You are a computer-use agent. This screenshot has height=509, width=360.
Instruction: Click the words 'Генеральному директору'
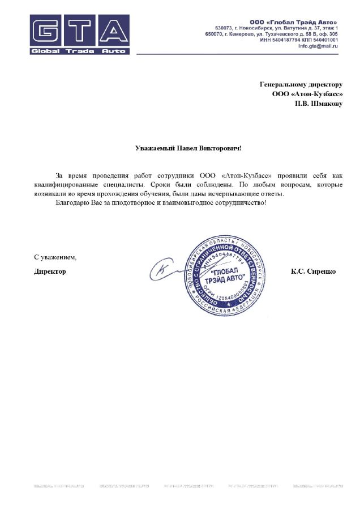tap(301, 84)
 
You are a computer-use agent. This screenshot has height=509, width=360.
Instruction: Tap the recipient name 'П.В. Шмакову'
tap(318, 104)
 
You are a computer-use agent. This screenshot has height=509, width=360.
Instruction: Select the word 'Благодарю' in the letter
tap(72, 202)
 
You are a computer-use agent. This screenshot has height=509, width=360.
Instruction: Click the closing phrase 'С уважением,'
tap(54, 257)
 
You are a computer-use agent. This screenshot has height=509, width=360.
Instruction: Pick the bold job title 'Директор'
tap(50, 271)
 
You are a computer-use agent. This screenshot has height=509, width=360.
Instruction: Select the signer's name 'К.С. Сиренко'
tap(314, 271)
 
